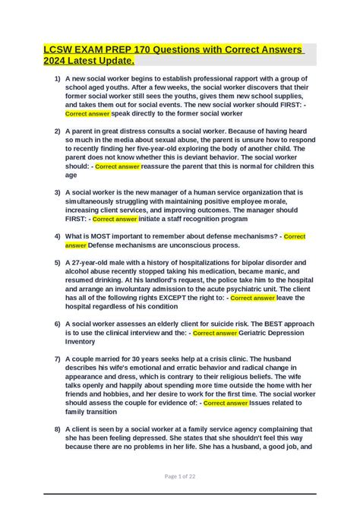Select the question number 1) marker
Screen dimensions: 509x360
point(57,79)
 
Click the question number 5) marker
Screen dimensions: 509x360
point(57,263)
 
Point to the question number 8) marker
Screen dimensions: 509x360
point(57,429)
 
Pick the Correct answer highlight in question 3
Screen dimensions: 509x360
point(115,219)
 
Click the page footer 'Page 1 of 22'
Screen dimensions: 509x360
point(180,476)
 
